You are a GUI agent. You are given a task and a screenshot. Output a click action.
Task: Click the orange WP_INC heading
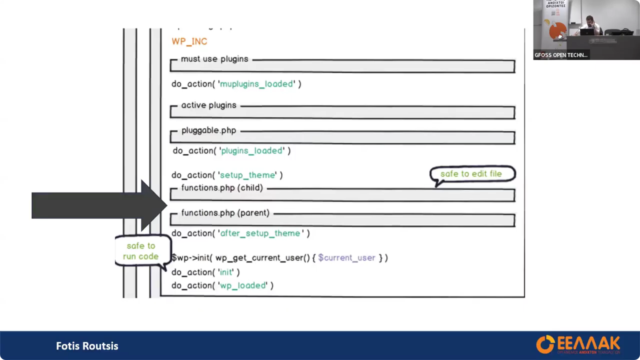pyautogui.click(x=189, y=42)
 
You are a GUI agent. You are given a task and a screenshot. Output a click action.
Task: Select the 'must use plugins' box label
pyautogui.click(x=214, y=59)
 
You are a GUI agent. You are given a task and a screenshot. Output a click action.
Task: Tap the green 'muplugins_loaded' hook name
pyautogui.click(x=256, y=84)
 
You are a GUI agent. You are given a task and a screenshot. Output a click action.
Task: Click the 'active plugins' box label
pyautogui.click(x=209, y=106)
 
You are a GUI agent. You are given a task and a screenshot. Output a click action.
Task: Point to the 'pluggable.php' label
pyautogui.click(x=209, y=131)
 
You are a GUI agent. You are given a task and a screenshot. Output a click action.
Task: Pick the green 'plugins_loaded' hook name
pyautogui.click(x=251, y=151)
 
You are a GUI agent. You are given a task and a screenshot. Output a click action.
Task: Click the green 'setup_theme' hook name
pyautogui.click(x=247, y=175)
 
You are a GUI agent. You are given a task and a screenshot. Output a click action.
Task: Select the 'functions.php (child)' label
pyautogui.click(x=222, y=188)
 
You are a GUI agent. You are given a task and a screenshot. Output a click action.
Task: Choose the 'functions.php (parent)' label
pyautogui.click(x=225, y=213)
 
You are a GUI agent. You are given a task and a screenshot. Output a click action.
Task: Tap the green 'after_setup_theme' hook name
pyautogui.click(x=260, y=233)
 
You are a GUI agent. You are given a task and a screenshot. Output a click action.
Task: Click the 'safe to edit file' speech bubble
pyautogui.click(x=471, y=174)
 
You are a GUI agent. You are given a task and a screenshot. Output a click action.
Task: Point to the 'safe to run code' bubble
pyautogui.click(x=141, y=251)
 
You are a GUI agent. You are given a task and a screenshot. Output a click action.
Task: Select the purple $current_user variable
pyautogui.click(x=347, y=258)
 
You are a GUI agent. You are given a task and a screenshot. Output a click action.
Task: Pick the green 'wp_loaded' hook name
pyautogui.click(x=243, y=286)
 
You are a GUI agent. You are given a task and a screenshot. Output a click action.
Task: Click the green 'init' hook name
pyautogui.click(x=226, y=272)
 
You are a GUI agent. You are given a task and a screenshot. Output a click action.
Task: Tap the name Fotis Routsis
pyautogui.click(x=87, y=346)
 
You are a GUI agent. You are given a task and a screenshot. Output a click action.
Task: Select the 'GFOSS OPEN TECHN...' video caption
pyautogui.click(x=561, y=55)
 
